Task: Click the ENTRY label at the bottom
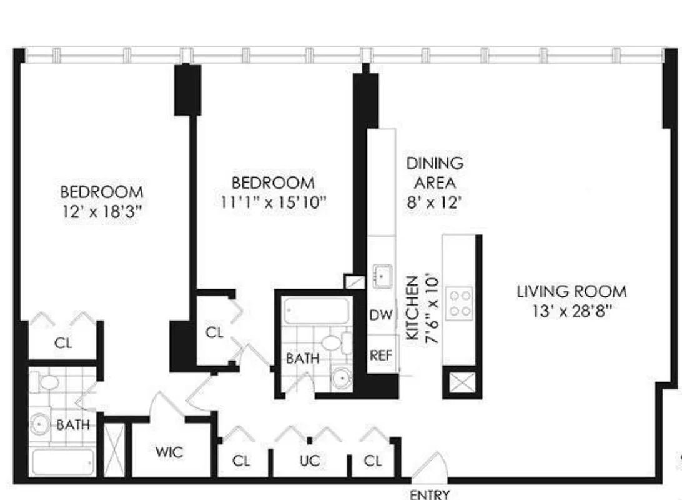430,494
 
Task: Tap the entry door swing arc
430,465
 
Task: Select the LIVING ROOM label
571,291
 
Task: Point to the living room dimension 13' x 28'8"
571,311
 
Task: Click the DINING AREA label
435,173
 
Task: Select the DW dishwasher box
381,314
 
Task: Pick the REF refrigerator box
381,355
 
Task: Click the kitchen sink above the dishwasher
381,274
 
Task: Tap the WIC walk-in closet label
169,451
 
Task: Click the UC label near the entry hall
310,461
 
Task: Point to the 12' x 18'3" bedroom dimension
101,211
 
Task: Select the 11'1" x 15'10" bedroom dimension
273,202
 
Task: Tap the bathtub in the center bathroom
315,311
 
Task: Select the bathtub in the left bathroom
62,463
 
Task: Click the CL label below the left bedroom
63,343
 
